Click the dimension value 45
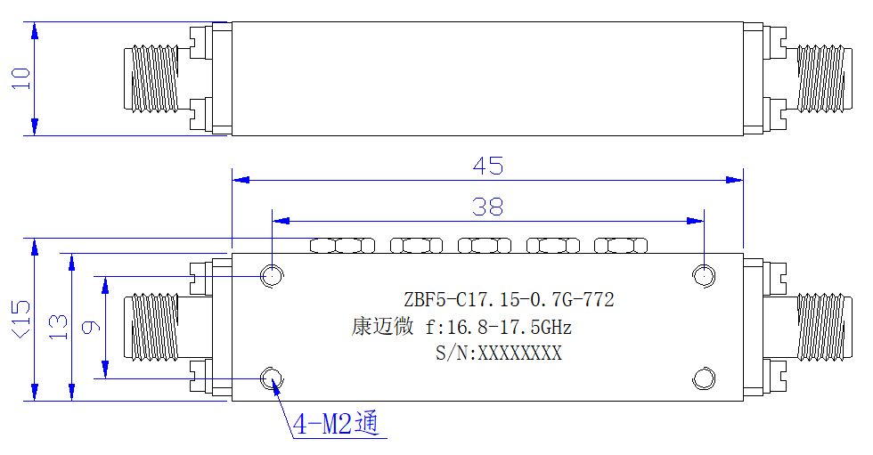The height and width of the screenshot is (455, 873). [x=488, y=166]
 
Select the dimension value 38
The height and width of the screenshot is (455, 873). [x=488, y=207]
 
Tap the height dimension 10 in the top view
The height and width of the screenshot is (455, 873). [x=21, y=78]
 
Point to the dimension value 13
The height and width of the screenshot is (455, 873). [x=58, y=327]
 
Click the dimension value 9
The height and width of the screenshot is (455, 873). [x=91, y=327]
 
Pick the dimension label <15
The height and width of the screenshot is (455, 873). [x=21, y=320]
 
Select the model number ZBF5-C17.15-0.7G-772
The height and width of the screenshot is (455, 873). [x=509, y=300]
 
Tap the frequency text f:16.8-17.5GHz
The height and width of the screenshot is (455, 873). [x=498, y=327]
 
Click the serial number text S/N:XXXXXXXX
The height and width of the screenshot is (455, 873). [x=499, y=353]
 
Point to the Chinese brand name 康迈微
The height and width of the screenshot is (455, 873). [x=382, y=326]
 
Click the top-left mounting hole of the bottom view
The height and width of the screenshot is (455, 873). [x=272, y=275]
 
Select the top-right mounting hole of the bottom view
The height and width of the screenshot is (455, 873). [x=704, y=275]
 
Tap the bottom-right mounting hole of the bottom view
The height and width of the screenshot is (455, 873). [x=704, y=378]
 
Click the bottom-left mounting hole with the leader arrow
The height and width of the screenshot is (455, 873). [x=272, y=378]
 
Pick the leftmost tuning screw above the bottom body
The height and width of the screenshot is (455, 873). [x=342, y=245]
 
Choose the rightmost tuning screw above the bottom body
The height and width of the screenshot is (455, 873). [x=621, y=245]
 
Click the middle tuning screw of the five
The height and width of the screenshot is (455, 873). [x=485, y=245]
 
